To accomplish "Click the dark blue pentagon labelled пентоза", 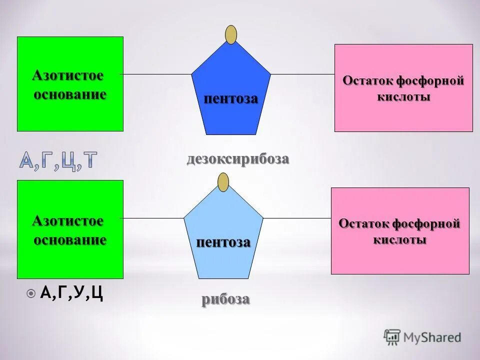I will pyautogui.click(x=231, y=90).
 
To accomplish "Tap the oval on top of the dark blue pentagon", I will pyautogui.click(x=231, y=34).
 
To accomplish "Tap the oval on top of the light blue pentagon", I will pyautogui.click(x=223, y=181).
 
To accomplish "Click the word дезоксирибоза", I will pyautogui.click(x=238, y=159).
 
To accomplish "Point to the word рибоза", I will pyautogui.click(x=225, y=299).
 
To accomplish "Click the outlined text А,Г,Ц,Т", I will pyautogui.click(x=58, y=160).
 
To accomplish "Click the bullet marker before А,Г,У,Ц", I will pyautogui.click(x=31, y=293).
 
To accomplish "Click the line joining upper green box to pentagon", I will pyautogui.click(x=157, y=74).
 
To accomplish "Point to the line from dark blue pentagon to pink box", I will pyautogui.click(x=302, y=74).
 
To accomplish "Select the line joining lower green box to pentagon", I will pyautogui.click(x=153, y=218).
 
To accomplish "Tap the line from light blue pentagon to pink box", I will pyautogui.click(x=296, y=218).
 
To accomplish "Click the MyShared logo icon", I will pyautogui.click(x=392, y=337).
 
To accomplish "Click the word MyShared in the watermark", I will pyautogui.click(x=432, y=337).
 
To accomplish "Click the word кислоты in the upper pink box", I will pyautogui.click(x=403, y=96).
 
